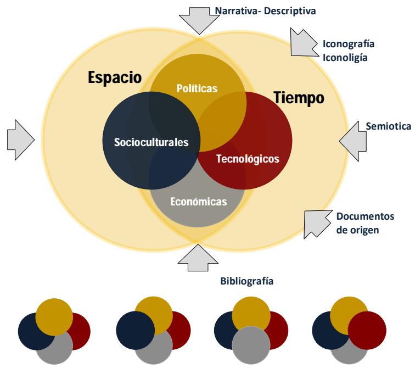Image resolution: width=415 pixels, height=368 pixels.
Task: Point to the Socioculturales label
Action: pos(152,142)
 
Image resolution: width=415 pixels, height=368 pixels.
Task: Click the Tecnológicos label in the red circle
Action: pos(248,159)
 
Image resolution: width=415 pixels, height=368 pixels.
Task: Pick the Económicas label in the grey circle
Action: pos(199,202)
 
